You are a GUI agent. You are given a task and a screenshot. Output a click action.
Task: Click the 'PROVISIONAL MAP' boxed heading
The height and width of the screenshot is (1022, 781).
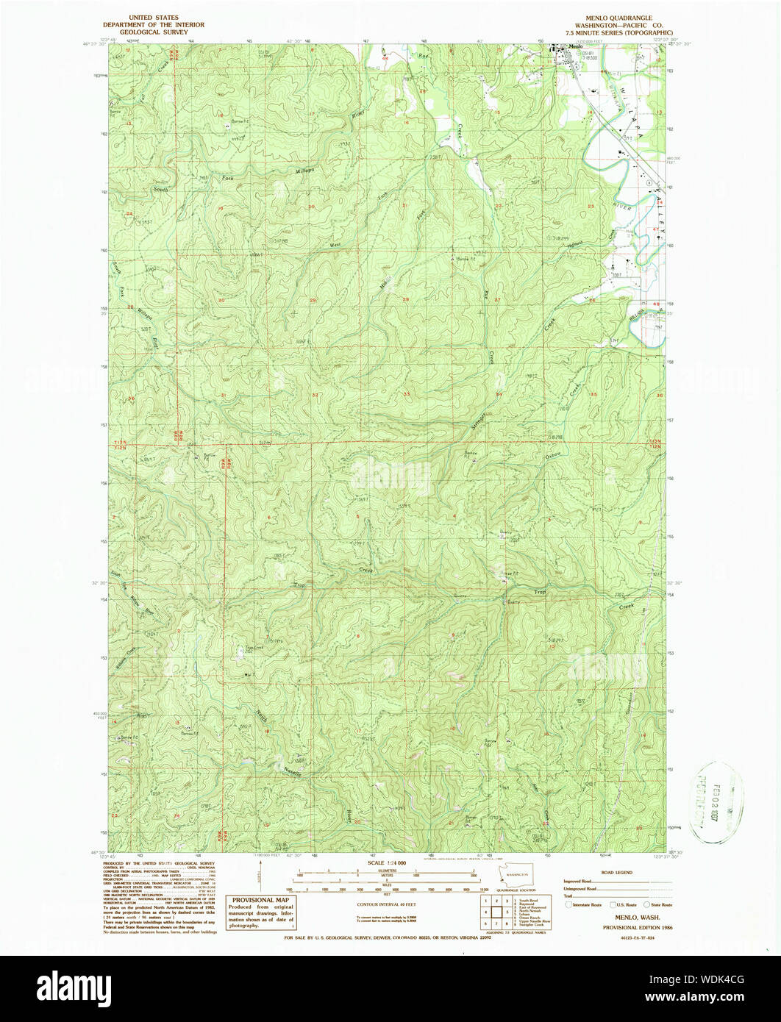point(261,900)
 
